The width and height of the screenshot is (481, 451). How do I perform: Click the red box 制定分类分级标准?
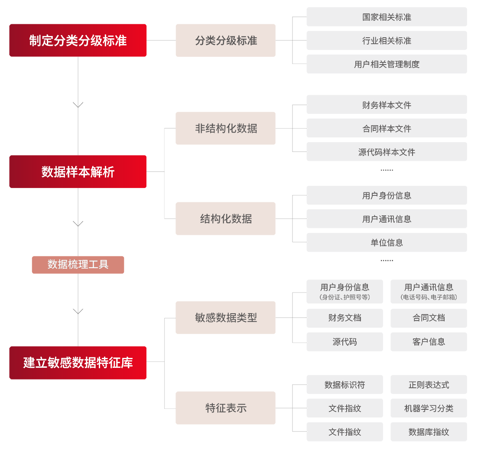78,40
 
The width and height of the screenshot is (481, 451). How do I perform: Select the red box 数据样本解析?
78,172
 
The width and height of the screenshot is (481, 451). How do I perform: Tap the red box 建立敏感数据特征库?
78,363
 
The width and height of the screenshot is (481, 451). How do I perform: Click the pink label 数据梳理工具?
78,265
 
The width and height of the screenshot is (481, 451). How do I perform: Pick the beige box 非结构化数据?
225,128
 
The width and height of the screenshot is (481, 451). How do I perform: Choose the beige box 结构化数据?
225,219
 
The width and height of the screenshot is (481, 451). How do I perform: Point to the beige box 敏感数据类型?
225,318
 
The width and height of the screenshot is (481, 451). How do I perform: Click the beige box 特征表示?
225,408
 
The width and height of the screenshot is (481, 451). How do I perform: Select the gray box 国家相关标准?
387,17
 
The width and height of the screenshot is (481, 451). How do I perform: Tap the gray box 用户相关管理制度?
387,64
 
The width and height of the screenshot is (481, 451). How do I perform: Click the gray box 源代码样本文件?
387,152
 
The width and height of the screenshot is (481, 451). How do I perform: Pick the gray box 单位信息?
387,243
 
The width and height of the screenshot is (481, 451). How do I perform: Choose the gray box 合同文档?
429,318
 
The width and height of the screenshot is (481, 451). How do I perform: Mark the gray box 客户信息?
429,342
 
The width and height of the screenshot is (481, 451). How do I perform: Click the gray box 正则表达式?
429,384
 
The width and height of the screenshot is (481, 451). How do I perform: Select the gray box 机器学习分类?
429,408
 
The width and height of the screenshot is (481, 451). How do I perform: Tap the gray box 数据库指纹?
429,432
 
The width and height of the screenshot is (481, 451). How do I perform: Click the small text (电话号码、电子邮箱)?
429,297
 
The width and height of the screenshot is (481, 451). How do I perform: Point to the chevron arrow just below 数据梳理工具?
78,311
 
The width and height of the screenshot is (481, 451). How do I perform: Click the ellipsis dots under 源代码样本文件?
387,170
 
